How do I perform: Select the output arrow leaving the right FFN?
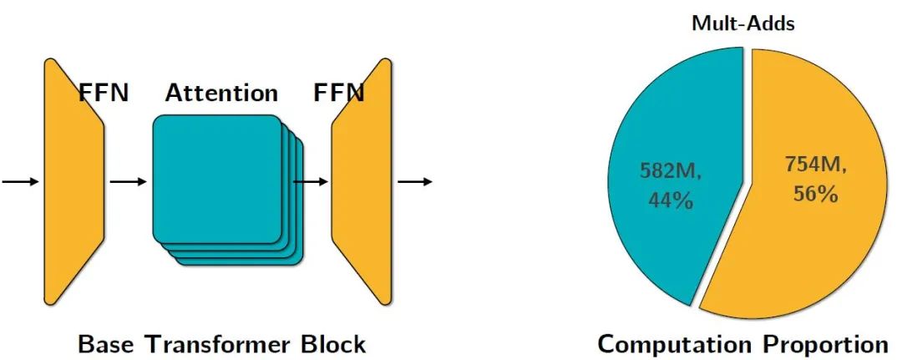click(x=415, y=181)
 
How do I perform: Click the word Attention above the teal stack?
click(x=221, y=93)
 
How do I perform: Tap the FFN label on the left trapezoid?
click(x=104, y=93)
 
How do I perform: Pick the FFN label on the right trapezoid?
click(x=339, y=93)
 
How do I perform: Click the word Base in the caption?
click(x=107, y=343)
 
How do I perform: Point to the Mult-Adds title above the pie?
click(x=742, y=23)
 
